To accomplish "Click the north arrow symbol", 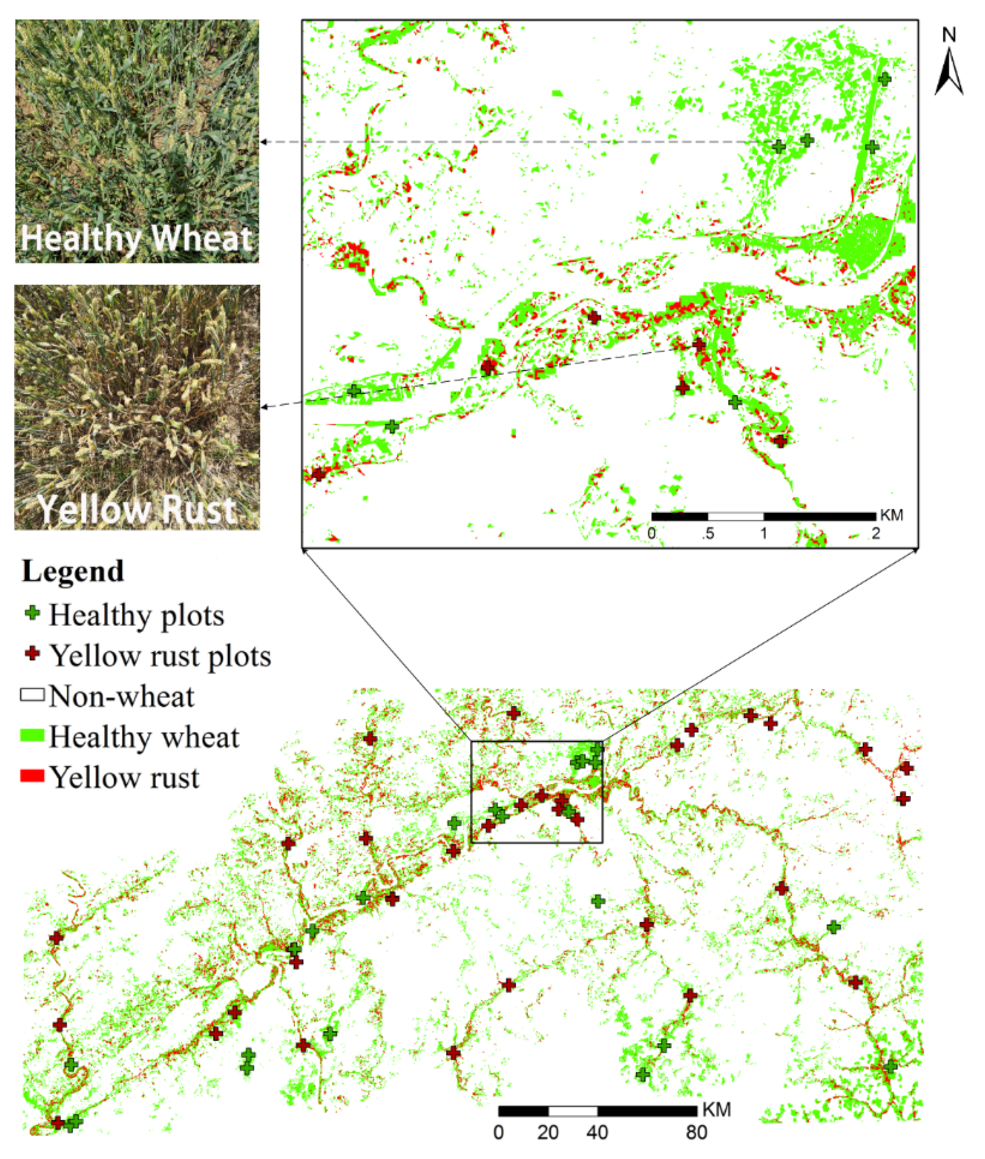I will [949, 72].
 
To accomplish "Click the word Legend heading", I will [72, 572].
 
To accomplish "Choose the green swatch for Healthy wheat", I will [32, 736].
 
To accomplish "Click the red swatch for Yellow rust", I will [32, 776].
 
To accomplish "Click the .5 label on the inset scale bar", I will [708, 533].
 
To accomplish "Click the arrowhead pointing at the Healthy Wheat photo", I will [264, 142].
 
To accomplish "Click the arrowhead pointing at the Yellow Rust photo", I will [264, 406].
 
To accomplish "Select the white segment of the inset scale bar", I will [735, 516].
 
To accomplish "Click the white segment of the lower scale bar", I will [572, 1111].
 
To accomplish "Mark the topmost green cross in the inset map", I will [884, 79].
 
